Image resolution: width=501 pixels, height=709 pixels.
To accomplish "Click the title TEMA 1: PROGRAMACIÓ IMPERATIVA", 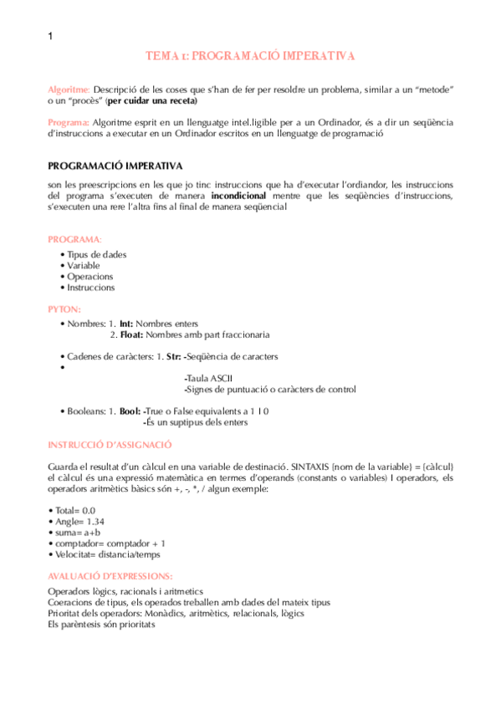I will [250, 56].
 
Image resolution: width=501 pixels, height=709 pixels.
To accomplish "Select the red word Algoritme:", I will [69, 89].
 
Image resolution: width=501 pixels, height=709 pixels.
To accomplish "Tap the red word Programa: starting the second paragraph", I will [69, 122].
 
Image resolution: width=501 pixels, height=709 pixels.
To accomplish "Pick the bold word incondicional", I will [239, 196].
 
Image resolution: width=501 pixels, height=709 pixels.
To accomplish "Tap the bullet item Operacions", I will [90, 277].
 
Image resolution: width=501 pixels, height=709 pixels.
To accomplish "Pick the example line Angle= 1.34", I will [80, 521].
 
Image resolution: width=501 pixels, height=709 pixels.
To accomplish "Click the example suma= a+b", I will [79, 532].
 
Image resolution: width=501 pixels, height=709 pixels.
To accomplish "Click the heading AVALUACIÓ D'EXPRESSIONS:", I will [110, 576].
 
